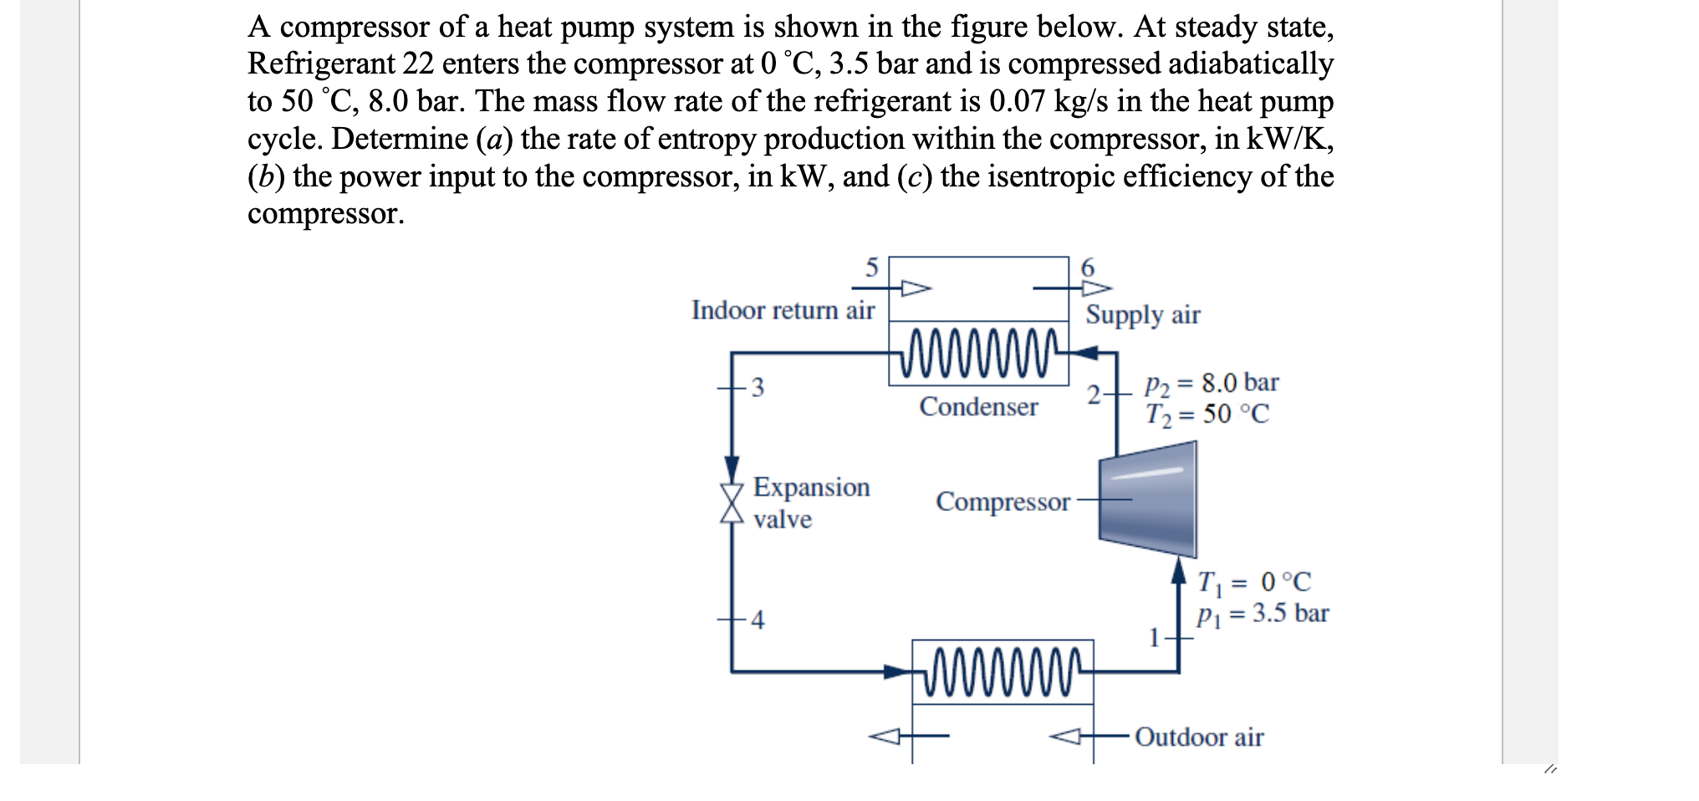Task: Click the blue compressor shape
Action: click(1147, 499)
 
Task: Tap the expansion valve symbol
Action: click(732, 503)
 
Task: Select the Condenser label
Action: click(978, 407)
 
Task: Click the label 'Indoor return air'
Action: click(783, 310)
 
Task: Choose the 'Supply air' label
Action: click(1143, 315)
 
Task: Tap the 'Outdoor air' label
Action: click(1199, 737)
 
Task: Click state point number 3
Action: click(758, 388)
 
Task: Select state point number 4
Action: click(758, 620)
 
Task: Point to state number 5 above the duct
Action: click(871, 268)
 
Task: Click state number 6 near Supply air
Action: click(1088, 268)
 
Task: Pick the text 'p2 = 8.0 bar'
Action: click(1212, 384)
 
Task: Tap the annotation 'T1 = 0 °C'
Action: click(1254, 582)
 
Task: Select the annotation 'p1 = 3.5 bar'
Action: click(1263, 615)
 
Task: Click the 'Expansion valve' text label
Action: click(810, 503)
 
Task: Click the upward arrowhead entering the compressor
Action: click(1179, 570)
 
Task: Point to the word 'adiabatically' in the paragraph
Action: click(1251, 64)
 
